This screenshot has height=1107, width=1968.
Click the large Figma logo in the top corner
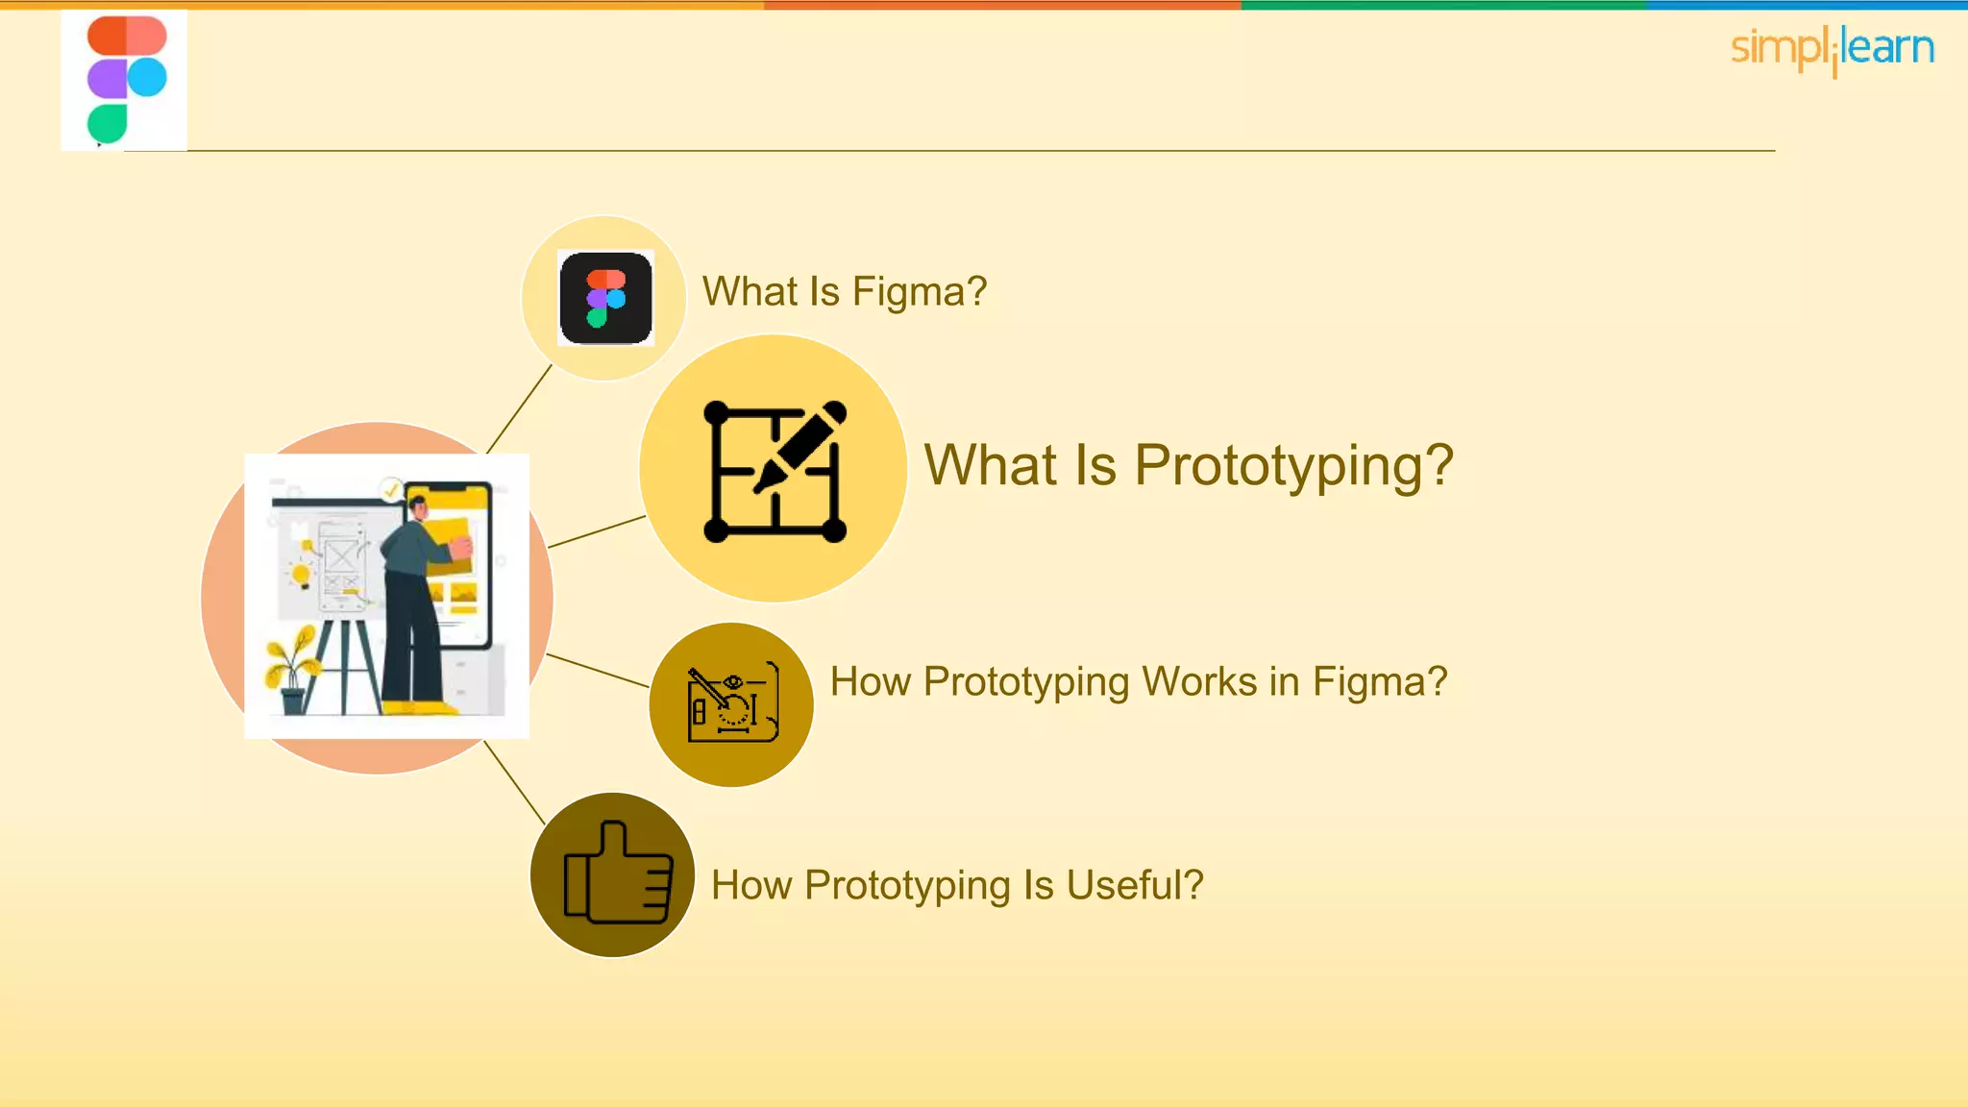tap(126, 81)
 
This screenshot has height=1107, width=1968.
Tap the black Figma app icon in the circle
tap(606, 298)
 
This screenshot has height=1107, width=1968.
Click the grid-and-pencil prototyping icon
tap(775, 471)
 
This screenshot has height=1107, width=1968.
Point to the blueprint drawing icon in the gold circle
tap(732, 703)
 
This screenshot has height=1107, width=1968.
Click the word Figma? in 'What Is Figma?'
tap(920, 291)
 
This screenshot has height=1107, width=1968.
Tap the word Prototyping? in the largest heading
tap(1293, 465)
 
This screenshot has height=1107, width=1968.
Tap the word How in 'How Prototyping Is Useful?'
tap(751, 885)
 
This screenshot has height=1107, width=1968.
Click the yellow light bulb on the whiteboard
tap(301, 576)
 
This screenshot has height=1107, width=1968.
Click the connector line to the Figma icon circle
tap(519, 409)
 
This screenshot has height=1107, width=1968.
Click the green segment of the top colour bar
tap(1441, 5)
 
